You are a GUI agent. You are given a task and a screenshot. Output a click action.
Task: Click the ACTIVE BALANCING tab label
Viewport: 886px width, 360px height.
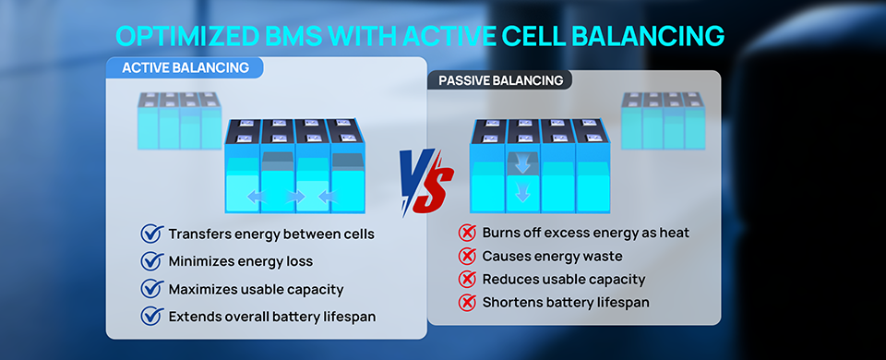point(186,67)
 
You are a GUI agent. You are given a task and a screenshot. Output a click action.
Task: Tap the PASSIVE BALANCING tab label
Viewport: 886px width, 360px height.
point(500,80)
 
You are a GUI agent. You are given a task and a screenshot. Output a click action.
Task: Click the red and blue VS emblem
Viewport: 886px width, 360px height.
point(425,182)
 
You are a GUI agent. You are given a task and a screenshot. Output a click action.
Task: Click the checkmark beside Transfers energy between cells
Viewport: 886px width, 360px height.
point(150,234)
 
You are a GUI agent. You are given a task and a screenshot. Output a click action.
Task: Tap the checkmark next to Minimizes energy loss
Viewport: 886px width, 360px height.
point(150,261)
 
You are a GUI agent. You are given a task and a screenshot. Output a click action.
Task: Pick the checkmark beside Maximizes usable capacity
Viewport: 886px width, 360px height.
point(150,289)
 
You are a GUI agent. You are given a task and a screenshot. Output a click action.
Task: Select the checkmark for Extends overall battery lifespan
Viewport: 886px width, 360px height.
point(150,317)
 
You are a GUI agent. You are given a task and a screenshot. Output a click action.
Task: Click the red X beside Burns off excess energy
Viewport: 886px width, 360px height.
point(467,233)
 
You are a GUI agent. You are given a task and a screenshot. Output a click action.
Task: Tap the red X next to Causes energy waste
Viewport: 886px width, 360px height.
point(467,256)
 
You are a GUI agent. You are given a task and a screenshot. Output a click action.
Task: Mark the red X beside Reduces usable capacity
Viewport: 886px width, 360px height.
point(467,279)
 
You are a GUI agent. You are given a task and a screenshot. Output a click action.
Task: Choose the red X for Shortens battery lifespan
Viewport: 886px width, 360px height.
point(467,303)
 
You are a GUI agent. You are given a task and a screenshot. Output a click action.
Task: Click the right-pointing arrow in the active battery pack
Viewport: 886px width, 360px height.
point(295,197)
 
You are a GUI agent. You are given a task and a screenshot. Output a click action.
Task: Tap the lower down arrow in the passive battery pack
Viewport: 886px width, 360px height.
point(523,193)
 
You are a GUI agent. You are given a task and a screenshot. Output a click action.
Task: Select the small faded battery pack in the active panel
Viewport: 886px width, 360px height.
point(179,121)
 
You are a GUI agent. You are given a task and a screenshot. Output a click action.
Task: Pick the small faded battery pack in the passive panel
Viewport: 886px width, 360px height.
point(664,121)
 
